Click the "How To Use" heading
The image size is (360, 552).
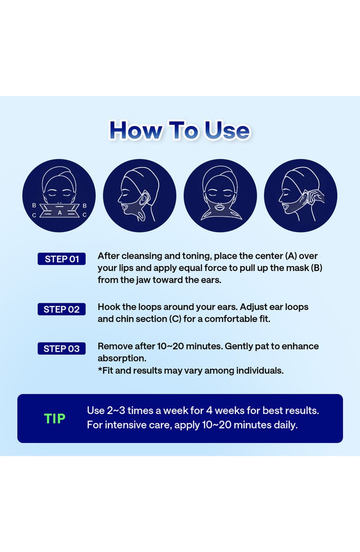click(x=180, y=130)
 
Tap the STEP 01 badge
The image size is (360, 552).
click(x=61, y=259)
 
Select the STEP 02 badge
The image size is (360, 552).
click(x=61, y=309)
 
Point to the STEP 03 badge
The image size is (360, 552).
click(x=61, y=348)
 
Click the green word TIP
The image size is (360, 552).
click(x=54, y=418)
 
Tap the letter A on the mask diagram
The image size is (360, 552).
click(x=60, y=213)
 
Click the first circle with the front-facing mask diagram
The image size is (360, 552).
click(x=59, y=195)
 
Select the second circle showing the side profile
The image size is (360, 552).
click(x=139, y=195)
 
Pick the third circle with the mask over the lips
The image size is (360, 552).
click(x=220, y=195)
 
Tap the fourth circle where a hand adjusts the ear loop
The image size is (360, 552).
click(x=300, y=195)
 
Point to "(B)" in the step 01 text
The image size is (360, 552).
click(x=317, y=268)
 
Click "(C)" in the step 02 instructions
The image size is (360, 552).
click(x=175, y=319)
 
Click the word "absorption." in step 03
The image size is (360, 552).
click(x=122, y=359)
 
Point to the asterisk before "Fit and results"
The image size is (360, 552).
click(x=100, y=369)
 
